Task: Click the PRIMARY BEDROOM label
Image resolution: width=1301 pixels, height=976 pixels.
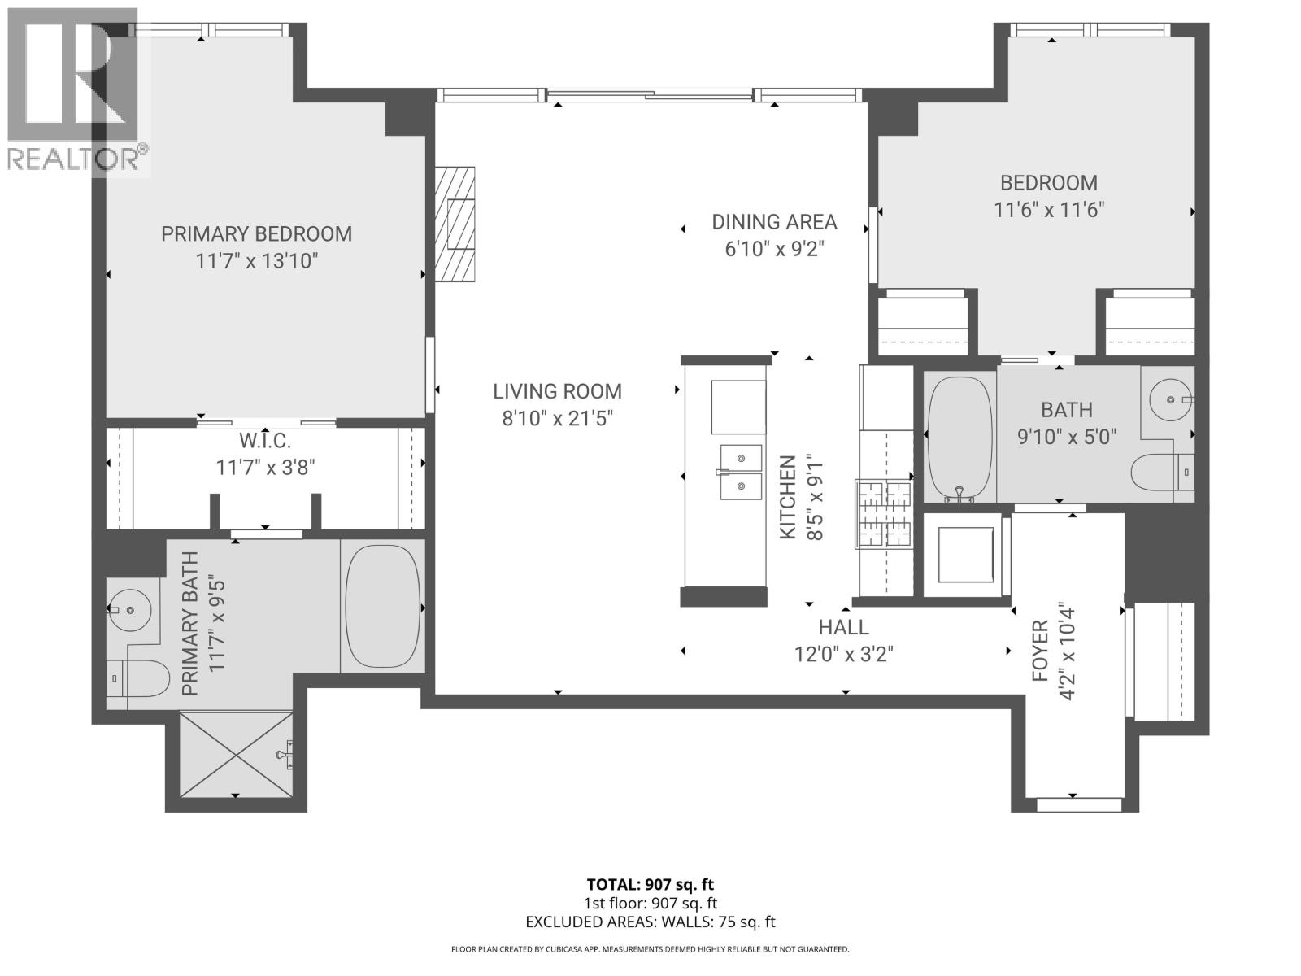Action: click(256, 234)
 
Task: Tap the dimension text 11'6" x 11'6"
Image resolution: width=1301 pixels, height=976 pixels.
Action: click(1049, 210)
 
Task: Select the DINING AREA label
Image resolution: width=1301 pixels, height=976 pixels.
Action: click(774, 222)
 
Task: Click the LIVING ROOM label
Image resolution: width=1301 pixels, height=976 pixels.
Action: click(557, 391)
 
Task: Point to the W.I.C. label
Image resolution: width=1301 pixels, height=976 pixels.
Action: click(265, 442)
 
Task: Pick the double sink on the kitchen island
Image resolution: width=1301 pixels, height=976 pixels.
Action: click(740, 472)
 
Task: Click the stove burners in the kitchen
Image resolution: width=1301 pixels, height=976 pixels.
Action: click(884, 514)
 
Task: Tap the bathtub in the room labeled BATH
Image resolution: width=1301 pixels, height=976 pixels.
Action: click(959, 437)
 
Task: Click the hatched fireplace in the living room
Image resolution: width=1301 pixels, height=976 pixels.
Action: click(455, 224)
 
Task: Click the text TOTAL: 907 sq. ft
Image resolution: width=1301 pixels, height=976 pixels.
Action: click(650, 884)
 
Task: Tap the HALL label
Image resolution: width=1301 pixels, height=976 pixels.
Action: click(843, 627)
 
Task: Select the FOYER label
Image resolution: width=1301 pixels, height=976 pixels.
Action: click(1039, 651)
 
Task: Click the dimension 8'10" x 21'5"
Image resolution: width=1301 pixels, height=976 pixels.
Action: click(557, 419)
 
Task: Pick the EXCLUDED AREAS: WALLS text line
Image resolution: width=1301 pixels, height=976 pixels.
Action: click(650, 922)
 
